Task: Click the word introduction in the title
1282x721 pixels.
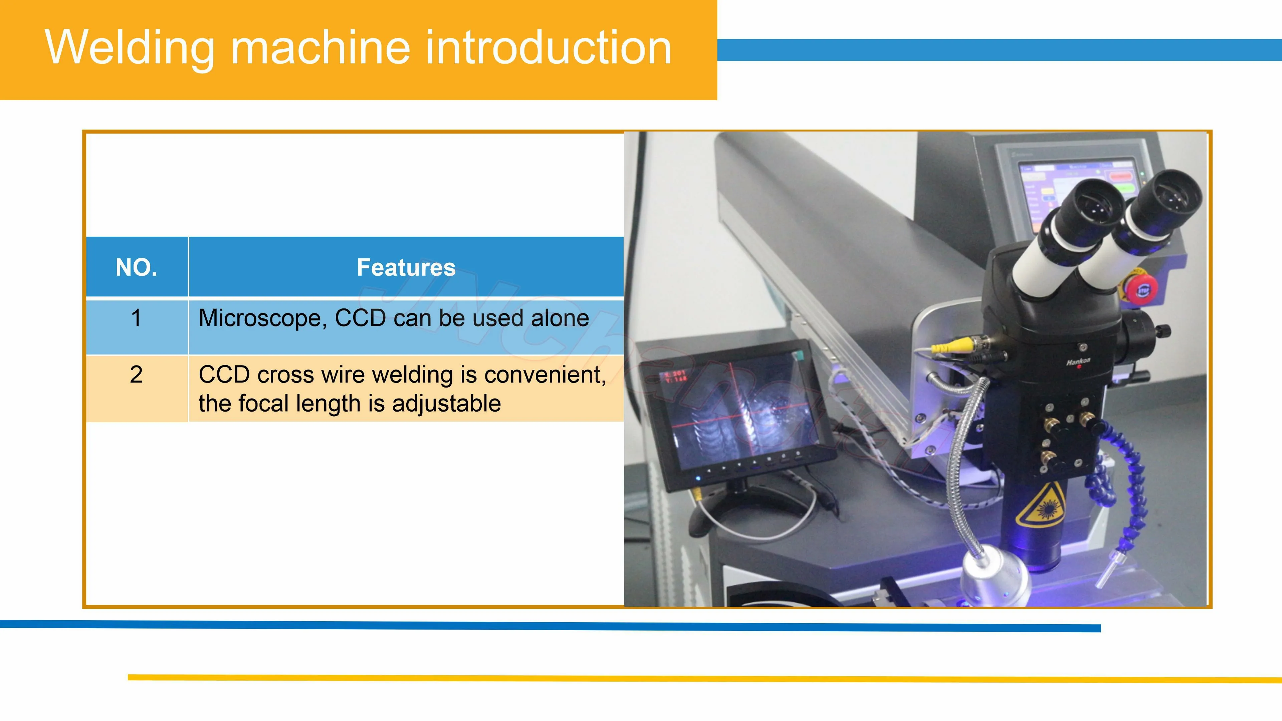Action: [548, 47]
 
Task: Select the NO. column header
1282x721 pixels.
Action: [136, 267]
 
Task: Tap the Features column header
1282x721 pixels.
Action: [406, 267]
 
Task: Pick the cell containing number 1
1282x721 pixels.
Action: [136, 318]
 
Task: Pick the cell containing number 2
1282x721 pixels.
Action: [136, 374]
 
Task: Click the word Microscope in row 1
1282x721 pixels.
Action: [261, 318]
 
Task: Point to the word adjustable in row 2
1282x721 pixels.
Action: [446, 404]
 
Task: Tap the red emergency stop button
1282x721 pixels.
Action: [1141, 289]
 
